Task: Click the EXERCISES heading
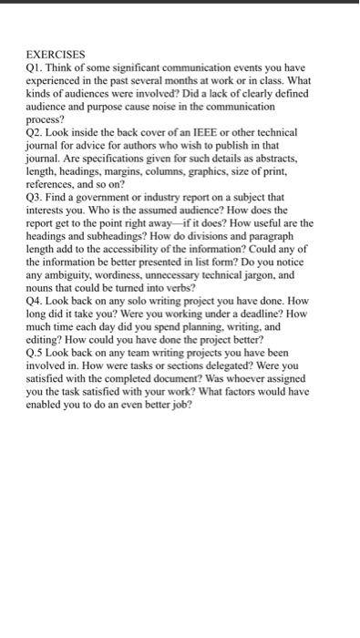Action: click(55, 55)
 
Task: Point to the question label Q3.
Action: click(33, 196)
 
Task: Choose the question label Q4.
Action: click(33, 300)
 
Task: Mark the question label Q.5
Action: click(35, 352)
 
